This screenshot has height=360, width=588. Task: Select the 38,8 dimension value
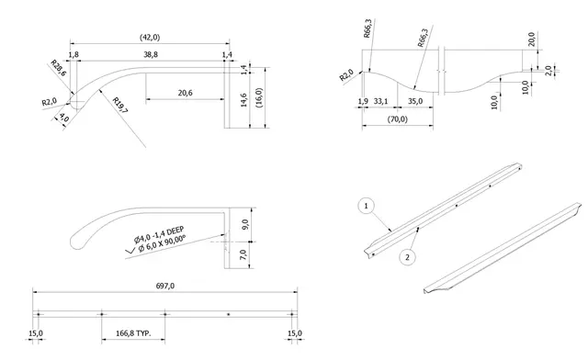(151, 55)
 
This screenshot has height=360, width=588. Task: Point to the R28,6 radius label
(58, 68)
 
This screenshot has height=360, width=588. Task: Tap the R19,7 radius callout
(120, 106)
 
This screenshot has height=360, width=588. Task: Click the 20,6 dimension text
(185, 93)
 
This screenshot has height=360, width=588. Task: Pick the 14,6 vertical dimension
(243, 100)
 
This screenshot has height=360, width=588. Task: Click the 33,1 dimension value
(380, 101)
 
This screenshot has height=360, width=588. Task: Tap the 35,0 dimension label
(414, 101)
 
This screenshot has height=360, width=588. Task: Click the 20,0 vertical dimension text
(532, 39)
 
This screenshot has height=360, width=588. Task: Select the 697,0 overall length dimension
(165, 287)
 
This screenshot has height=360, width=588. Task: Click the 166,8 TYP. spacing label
(133, 333)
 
